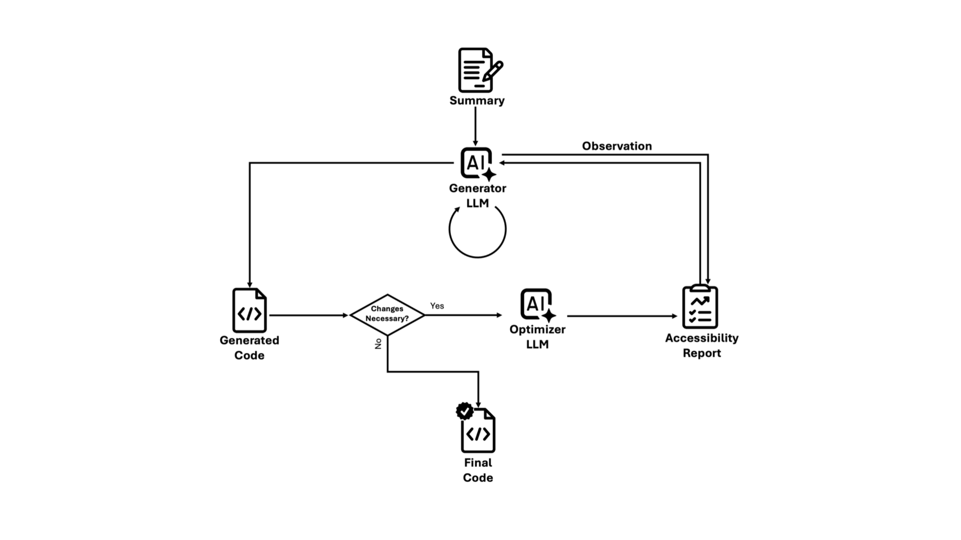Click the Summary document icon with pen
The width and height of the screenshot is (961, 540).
479,70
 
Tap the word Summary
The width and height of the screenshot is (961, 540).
477,100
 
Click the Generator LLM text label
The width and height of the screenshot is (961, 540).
477,196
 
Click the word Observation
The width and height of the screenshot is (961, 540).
616,146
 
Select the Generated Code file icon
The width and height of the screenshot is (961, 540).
249,310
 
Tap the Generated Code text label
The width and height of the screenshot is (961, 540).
249,348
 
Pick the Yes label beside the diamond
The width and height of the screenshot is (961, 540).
437,306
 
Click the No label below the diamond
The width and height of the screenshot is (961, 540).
378,344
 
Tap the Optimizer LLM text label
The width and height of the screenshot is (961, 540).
537,337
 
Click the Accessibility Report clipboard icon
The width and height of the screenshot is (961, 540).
700,307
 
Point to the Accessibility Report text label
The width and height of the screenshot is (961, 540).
701,346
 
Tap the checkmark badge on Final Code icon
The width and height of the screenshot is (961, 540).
465,411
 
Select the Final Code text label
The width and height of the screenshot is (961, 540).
478,470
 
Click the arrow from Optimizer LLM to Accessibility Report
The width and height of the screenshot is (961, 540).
621,316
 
